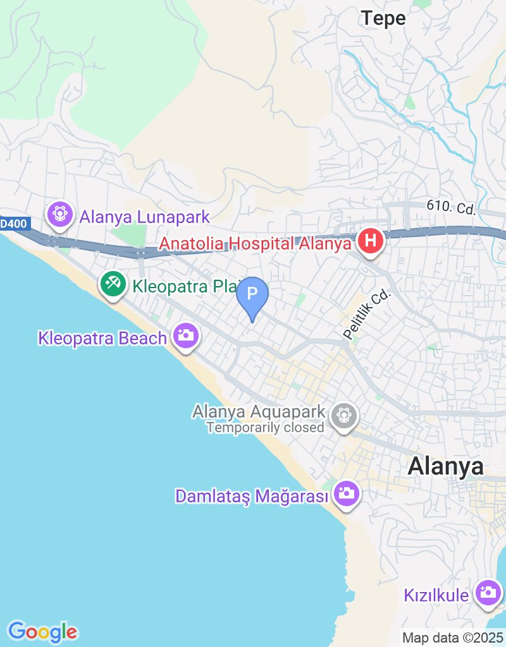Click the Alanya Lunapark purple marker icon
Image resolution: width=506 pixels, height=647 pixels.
click(59, 214)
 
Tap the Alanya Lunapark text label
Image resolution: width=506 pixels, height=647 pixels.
click(144, 217)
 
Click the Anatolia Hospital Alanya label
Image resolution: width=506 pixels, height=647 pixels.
click(254, 243)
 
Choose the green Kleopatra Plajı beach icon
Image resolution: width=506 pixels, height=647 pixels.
click(113, 284)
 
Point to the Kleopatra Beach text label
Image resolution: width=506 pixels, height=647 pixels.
click(102, 338)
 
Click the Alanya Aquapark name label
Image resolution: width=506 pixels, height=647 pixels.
click(259, 412)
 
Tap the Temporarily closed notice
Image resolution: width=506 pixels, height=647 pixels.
click(265, 428)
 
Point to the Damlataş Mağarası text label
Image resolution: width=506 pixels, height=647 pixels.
click(252, 497)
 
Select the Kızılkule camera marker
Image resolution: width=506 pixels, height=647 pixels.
click(488, 593)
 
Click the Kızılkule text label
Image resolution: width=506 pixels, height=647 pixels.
click(436, 595)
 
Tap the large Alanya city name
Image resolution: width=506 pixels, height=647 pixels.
click(445, 466)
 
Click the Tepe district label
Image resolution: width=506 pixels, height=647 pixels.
click(383, 19)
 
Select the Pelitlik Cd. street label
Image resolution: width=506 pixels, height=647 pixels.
click(368, 314)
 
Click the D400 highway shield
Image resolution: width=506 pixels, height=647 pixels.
click(13, 223)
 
